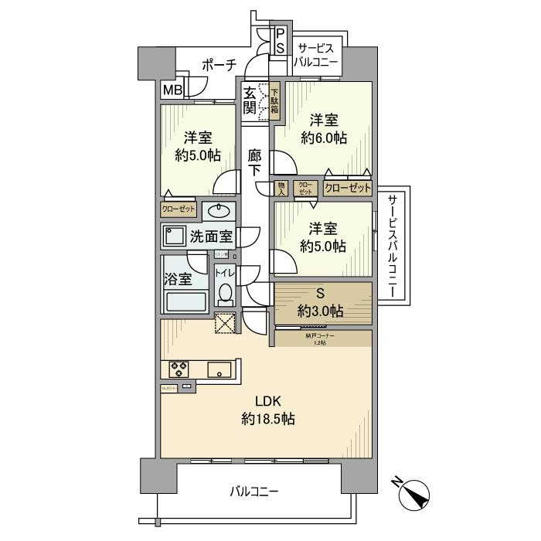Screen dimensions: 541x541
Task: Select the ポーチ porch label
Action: pos(219,66)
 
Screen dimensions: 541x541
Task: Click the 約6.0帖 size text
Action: pos(325,138)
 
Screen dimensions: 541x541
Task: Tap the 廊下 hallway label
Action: pos(255,163)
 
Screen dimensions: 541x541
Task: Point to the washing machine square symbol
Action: pos(174,236)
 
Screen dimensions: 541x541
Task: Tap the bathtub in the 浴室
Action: pos(185,301)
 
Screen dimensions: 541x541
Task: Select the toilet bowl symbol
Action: pos(224,292)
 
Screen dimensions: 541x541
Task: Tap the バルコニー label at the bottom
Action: pos(254,491)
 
